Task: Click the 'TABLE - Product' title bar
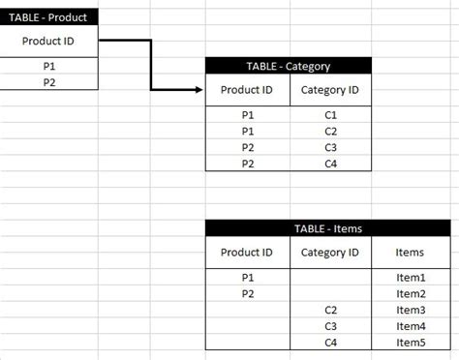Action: (48, 16)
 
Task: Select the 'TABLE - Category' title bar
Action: (288, 66)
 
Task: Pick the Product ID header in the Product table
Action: (48, 41)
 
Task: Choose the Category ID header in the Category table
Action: (330, 90)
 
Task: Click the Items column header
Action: (410, 253)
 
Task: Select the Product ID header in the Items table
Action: (248, 253)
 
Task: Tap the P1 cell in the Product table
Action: (48, 67)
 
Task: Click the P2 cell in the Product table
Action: (48, 82)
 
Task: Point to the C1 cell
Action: (330, 114)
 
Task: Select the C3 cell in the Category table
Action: (330, 147)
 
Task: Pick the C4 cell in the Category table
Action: (330, 163)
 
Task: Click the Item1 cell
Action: (410, 277)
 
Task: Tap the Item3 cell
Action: (410, 310)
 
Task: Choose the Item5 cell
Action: (410, 342)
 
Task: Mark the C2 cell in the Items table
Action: (330, 310)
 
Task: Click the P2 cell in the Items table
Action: (248, 293)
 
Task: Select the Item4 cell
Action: (410, 326)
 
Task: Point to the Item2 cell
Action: (410, 293)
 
